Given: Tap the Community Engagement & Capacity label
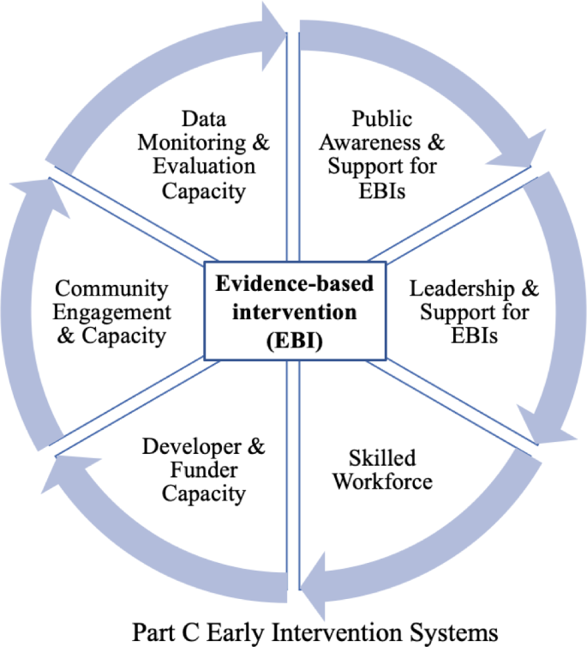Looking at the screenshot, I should (x=111, y=311).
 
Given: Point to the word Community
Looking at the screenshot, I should (x=111, y=289).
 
